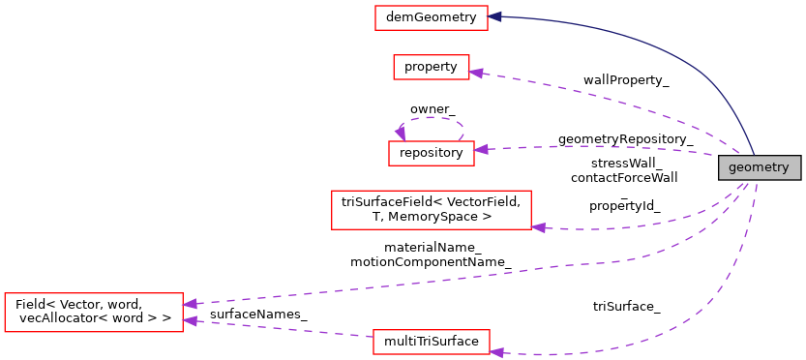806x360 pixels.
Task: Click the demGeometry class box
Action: tap(431, 17)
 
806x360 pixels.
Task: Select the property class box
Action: tap(431, 67)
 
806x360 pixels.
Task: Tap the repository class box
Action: tap(431, 152)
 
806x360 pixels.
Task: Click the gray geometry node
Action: tap(759, 167)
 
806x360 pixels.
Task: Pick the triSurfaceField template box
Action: tap(432, 210)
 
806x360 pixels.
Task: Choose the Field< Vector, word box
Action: tap(94, 312)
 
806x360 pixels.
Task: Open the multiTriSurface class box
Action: tap(432, 342)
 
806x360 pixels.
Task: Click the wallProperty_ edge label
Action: tap(626, 79)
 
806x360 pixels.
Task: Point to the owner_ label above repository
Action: tap(433, 109)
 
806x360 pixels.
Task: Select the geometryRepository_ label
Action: tap(625, 139)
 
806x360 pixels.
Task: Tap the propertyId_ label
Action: tap(624, 205)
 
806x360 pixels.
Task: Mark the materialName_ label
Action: tap(433, 247)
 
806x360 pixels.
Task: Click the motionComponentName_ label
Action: tap(432, 261)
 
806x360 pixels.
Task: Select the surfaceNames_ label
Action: tap(258, 315)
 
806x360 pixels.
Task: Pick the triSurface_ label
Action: tap(626, 307)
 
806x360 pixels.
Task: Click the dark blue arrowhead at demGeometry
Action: tap(494, 16)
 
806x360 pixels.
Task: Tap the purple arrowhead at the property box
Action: tap(476, 73)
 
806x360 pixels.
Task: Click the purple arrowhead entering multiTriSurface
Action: tap(497, 351)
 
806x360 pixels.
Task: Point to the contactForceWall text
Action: tap(624, 177)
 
